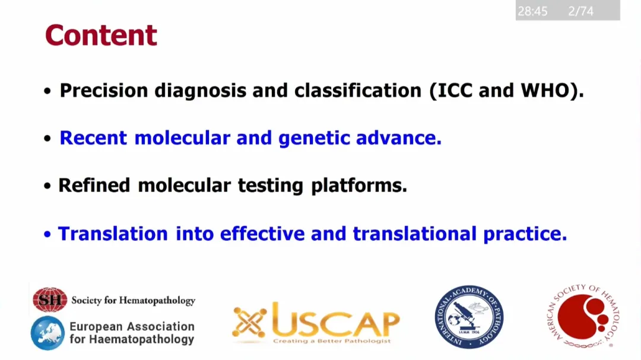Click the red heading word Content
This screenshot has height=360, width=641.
click(x=101, y=35)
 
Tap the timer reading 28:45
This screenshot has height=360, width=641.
click(x=532, y=11)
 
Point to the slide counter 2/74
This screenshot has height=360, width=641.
click(x=580, y=11)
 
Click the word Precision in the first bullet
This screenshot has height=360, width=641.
click(x=104, y=90)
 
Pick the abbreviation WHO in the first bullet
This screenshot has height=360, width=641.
click(x=545, y=90)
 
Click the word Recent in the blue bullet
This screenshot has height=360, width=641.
click(x=93, y=138)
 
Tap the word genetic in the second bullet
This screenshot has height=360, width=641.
click(x=314, y=138)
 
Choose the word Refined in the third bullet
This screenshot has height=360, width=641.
click(x=94, y=186)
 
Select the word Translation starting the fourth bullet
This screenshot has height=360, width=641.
click(x=113, y=234)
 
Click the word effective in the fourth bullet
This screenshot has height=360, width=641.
click(x=262, y=234)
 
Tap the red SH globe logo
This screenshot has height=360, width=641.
click(x=50, y=300)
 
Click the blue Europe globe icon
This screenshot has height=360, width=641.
click(x=48, y=333)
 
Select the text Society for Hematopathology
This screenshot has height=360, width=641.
click(x=134, y=301)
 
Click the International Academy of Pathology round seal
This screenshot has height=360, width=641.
click(x=469, y=317)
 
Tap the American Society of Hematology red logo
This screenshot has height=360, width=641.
click(x=583, y=316)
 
